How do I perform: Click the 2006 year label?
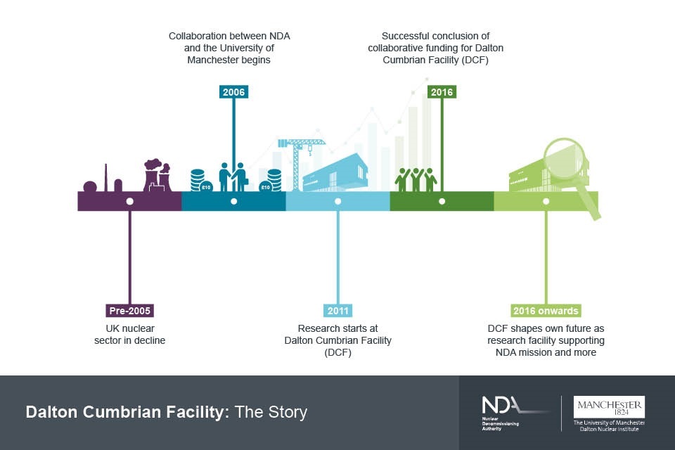coord(233,92)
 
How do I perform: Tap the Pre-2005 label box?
coord(129,311)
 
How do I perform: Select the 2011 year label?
coord(338,311)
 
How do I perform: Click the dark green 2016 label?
coord(442,92)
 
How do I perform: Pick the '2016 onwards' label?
coord(546,311)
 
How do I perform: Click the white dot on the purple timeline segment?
coord(129,201)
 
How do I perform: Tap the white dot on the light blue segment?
coord(337,201)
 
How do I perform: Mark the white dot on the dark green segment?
coord(442,201)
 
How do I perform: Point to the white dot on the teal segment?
coord(233,201)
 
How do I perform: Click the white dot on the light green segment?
coord(546,201)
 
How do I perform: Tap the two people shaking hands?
coord(233,176)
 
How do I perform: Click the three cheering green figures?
coord(416,179)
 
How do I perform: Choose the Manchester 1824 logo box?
coord(609,407)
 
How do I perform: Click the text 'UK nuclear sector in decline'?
coord(129,335)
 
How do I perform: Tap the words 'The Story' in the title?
coord(271,412)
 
